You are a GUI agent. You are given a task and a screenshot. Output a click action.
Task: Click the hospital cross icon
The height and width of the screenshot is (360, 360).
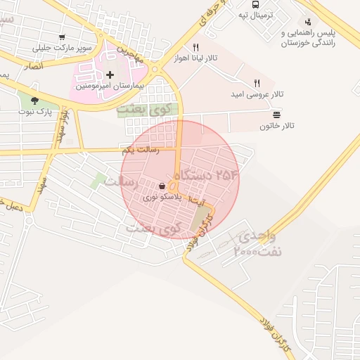tap(110, 75)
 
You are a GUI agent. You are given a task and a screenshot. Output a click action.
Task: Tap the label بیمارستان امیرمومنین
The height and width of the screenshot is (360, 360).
tap(110, 86)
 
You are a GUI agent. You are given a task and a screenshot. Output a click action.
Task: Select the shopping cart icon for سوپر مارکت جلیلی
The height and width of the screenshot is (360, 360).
tap(62, 38)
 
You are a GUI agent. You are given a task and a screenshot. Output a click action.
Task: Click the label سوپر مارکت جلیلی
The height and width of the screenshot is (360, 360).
tap(62, 49)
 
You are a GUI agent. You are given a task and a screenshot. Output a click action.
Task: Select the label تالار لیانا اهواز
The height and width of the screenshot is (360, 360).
tap(206, 58)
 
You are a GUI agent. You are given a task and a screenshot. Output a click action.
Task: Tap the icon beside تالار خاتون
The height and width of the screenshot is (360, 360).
tap(276, 114)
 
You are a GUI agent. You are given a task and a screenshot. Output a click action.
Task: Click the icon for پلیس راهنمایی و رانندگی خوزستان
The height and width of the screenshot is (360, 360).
tap(309, 22)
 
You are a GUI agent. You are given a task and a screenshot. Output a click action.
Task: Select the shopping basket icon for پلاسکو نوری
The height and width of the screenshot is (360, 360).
tap(162, 186)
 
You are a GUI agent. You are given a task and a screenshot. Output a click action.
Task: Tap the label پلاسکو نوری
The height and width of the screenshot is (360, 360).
tap(162, 198)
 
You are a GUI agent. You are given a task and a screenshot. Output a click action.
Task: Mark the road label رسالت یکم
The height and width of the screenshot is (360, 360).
tap(141, 150)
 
